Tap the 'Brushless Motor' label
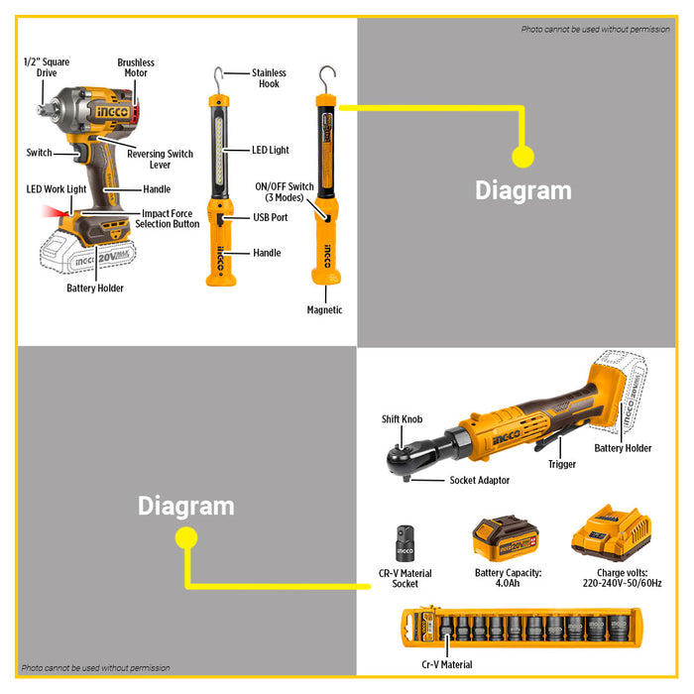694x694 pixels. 136,67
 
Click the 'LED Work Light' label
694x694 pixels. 56,189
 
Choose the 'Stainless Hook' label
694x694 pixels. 269,78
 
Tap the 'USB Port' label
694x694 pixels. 271,217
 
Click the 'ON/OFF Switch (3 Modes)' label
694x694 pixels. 285,192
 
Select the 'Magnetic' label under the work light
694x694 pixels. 324,310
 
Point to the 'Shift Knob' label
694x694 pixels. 402,419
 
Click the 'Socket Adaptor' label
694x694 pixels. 479,480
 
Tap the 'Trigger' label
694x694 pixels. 562,464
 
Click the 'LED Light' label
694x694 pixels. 270,150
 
